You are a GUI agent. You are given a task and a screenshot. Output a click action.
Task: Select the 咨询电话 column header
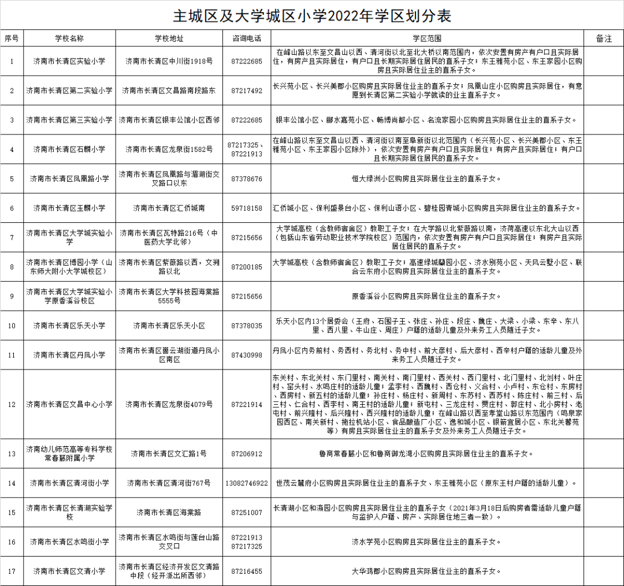247,39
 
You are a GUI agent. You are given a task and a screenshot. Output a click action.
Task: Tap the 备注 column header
603,39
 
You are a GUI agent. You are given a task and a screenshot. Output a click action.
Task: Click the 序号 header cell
12,39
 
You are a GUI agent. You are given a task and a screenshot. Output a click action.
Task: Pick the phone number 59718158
247,208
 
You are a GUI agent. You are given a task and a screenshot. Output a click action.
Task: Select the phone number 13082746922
247,483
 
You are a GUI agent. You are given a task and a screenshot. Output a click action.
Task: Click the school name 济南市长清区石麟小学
69,150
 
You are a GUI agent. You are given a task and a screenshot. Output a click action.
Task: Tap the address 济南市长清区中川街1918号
169,61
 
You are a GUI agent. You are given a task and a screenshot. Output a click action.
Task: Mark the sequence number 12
12,405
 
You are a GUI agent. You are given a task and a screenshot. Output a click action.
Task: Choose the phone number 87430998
247,355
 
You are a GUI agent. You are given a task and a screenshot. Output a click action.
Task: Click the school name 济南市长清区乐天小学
69,326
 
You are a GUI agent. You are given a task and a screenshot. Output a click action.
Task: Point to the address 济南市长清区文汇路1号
169,454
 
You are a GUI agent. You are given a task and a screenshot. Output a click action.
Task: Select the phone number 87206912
247,454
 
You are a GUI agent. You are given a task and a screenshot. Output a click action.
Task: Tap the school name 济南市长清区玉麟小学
69,208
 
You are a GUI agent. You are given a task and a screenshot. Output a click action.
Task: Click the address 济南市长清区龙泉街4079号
169,405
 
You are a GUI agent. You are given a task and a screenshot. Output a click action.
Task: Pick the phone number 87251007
247,513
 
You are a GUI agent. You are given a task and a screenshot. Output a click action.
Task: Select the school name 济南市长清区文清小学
69,572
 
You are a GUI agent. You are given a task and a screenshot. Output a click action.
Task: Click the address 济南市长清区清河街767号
169,483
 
